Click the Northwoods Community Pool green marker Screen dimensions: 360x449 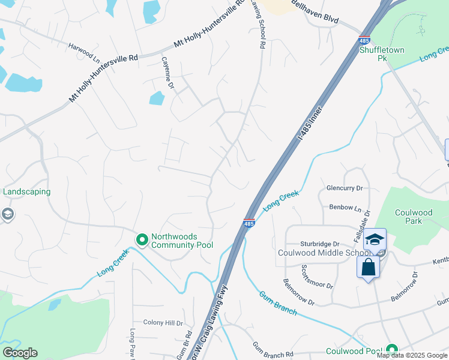pos(142,241)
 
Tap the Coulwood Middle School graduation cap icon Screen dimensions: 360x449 pos(375,241)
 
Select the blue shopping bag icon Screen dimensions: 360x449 pos(369,267)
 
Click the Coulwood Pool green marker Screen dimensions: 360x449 pos(391,349)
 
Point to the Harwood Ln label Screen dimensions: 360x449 pos(83,46)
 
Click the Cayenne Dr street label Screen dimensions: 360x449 pos(167,73)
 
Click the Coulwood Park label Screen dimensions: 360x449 pos(412,217)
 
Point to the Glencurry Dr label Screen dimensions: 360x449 pos(345,188)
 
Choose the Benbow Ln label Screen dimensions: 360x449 pos(345,208)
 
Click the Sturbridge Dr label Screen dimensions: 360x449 pos(320,244)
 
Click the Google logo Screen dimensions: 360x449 pos(20,353)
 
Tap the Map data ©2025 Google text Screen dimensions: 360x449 pos(412,355)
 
